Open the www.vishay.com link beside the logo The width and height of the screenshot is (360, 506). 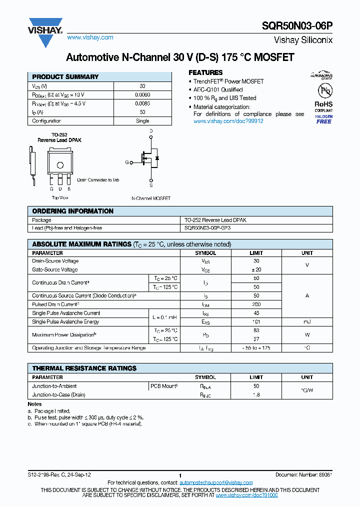90,37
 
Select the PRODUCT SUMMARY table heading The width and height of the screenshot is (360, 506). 65,77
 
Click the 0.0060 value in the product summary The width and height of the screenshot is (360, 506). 142,94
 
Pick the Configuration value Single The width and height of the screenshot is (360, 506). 142,121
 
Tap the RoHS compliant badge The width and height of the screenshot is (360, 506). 323,106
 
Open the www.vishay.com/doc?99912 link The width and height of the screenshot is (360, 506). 228,121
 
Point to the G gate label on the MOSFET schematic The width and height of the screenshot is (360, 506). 127,162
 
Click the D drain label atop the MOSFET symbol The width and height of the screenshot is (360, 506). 151,131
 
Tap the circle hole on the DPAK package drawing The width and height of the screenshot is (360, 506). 60,165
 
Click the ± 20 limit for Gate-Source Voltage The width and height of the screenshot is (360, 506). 256,270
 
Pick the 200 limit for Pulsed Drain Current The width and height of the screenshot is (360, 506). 256,304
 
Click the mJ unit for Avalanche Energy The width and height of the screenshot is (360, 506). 307,322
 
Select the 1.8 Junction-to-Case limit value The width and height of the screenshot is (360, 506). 256,395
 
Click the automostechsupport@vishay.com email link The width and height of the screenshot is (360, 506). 215,482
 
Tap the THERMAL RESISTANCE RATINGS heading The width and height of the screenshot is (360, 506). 84,368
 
